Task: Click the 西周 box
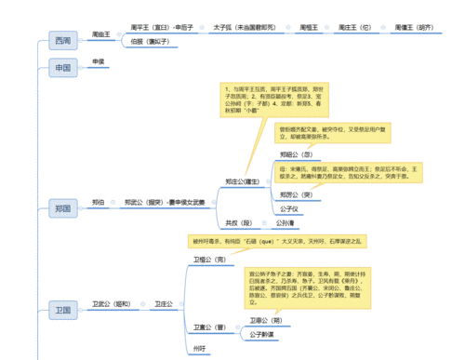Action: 62,40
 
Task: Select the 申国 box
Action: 62,67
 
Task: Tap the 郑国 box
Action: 62,208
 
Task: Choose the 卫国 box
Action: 62,308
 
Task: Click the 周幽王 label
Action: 101,33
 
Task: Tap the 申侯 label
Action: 99,61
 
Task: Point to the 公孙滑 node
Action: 286,223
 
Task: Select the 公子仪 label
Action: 291,208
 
